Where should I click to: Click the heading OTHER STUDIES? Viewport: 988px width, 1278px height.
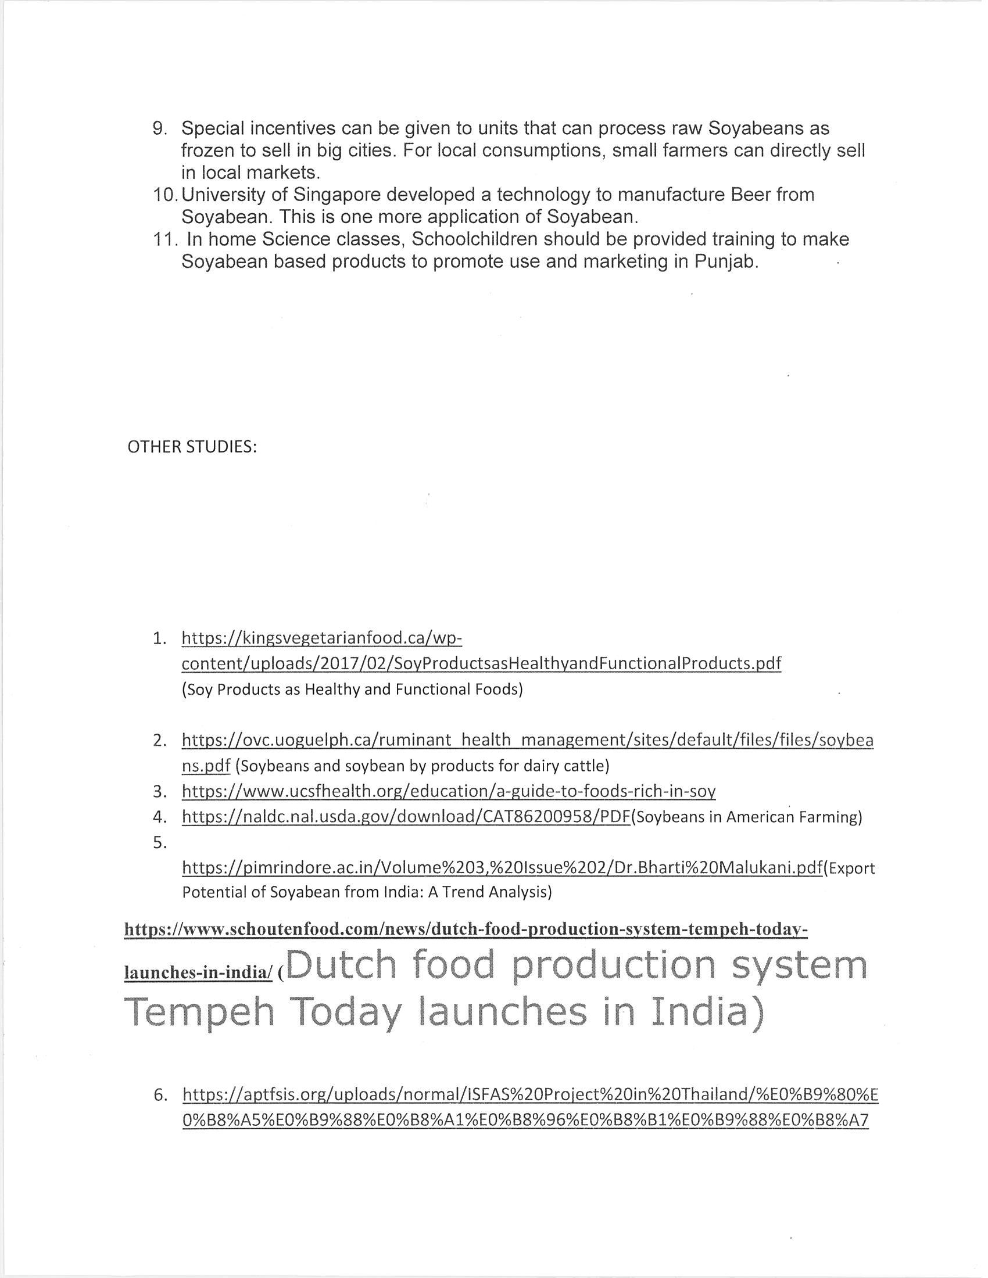pyautogui.click(x=192, y=447)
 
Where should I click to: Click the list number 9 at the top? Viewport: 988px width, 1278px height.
pyautogui.click(x=160, y=128)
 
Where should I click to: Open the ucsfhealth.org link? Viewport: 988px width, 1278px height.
pyautogui.click(x=448, y=792)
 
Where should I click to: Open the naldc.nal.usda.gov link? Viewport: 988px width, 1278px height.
pyautogui.click(x=406, y=817)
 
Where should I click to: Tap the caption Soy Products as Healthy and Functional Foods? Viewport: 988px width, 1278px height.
pyautogui.click(x=352, y=690)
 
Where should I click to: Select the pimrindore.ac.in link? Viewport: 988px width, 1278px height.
pyautogui.click(x=502, y=868)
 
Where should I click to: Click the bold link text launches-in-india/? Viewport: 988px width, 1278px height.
pyautogui.click(x=198, y=972)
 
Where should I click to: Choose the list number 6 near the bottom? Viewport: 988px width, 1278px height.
pyautogui.click(x=160, y=1095)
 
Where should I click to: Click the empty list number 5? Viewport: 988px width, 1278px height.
pyautogui.click(x=160, y=843)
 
